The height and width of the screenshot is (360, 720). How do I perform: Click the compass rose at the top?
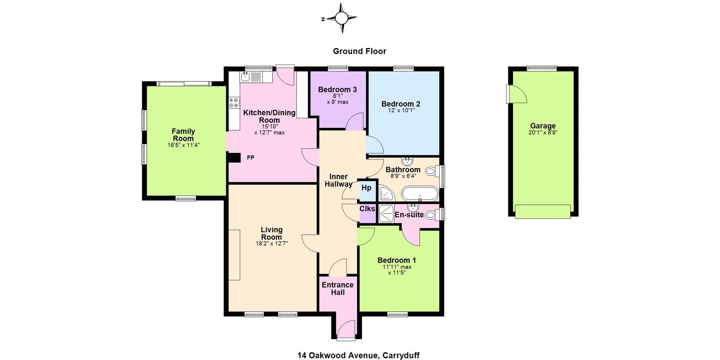tap(341, 18)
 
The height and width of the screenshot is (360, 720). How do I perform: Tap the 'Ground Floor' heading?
tap(360, 51)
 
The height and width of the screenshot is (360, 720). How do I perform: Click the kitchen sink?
tap(246, 76)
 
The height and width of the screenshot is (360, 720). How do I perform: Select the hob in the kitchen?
tap(234, 102)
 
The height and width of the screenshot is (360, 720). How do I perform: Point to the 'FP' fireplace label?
tap(250, 158)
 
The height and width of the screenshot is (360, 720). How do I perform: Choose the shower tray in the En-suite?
tap(385, 213)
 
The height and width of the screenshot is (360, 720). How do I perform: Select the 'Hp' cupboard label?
tap(366, 188)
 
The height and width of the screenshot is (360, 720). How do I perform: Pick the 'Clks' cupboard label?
tap(367, 209)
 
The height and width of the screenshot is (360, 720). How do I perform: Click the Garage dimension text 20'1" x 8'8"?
tap(543, 132)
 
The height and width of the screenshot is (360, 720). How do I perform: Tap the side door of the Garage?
tap(516, 94)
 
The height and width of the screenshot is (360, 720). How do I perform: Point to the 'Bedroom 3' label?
tap(337, 90)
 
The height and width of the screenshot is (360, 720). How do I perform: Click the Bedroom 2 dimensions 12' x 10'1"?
tap(401, 110)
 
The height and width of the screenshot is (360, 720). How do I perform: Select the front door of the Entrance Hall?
tap(346, 330)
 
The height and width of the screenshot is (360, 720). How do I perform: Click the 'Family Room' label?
tap(183, 135)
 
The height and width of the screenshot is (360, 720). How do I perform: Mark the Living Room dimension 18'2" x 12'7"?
tap(272, 243)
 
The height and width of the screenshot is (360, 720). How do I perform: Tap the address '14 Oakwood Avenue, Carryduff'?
tap(358, 355)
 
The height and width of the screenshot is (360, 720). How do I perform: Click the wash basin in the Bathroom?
tap(407, 162)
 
